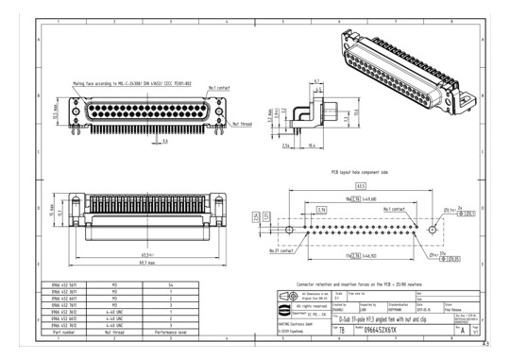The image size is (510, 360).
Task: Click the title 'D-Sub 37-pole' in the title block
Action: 378,319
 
